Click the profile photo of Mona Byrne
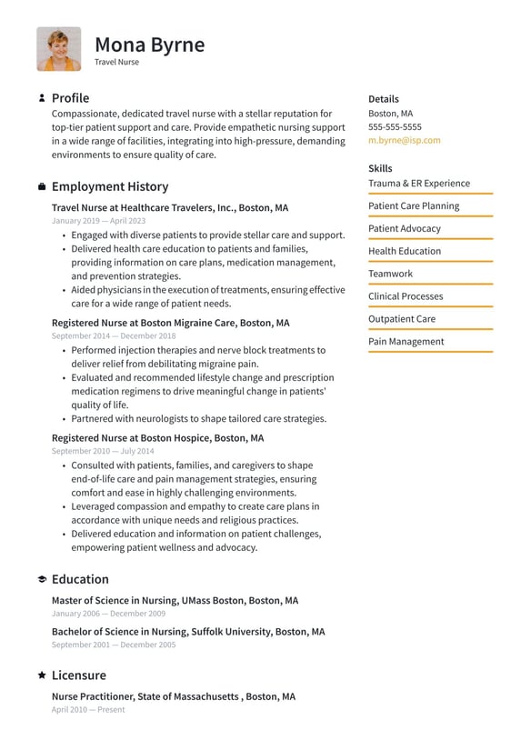(59, 49)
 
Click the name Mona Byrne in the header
(149, 45)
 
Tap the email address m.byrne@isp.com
(404, 141)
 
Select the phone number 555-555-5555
(395, 127)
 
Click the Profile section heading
(70, 98)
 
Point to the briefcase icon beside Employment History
(42, 187)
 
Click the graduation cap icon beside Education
(42, 580)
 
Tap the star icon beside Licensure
(42, 676)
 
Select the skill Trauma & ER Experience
(418, 184)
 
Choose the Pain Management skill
(406, 342)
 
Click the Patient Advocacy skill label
(404, 229)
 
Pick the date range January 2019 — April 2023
(98, 221)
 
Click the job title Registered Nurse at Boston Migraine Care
(170, 323)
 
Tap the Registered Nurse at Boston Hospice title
(157, 438)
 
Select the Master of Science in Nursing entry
(175, 601)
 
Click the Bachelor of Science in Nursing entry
(187, 632)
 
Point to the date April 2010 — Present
(88, 710)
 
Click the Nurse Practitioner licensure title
(173, 697)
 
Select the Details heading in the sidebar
(383, 99)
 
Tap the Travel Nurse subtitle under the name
(117, 63)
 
